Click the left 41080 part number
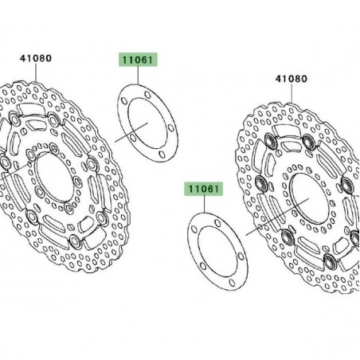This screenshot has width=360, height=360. point(35,57)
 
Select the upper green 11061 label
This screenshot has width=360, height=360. point(139,59)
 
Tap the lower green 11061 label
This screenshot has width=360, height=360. point(205,189)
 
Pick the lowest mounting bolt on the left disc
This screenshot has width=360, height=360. point(74,241)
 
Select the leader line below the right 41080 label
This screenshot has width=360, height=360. point(292,93)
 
